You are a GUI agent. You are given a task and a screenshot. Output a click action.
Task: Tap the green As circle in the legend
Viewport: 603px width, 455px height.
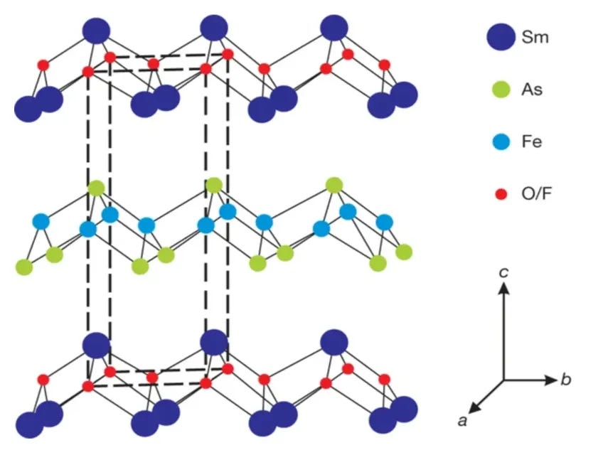pos(502,90)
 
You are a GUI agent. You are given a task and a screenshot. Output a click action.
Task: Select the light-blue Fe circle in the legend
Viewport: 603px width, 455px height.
pos(502,142)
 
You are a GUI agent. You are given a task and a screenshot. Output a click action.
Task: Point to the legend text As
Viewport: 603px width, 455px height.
pos(533,90)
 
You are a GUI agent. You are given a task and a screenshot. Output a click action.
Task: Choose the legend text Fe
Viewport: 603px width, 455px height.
pos(533,142)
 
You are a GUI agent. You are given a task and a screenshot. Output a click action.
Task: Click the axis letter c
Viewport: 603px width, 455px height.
pos(503,272)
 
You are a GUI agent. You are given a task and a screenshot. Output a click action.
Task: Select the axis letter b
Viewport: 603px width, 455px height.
pos(566,380)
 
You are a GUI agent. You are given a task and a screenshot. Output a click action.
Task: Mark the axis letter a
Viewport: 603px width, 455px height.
pos(462,422)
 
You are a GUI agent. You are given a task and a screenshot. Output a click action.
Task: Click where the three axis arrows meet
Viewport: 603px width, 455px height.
pos(503,380)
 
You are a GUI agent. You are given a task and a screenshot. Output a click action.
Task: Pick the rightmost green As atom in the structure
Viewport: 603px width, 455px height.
pos(404,251)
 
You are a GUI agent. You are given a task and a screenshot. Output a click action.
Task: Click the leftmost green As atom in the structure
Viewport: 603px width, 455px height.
pos(25,267)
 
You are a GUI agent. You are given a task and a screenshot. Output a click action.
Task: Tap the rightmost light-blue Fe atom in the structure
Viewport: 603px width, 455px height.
pos(384,222)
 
